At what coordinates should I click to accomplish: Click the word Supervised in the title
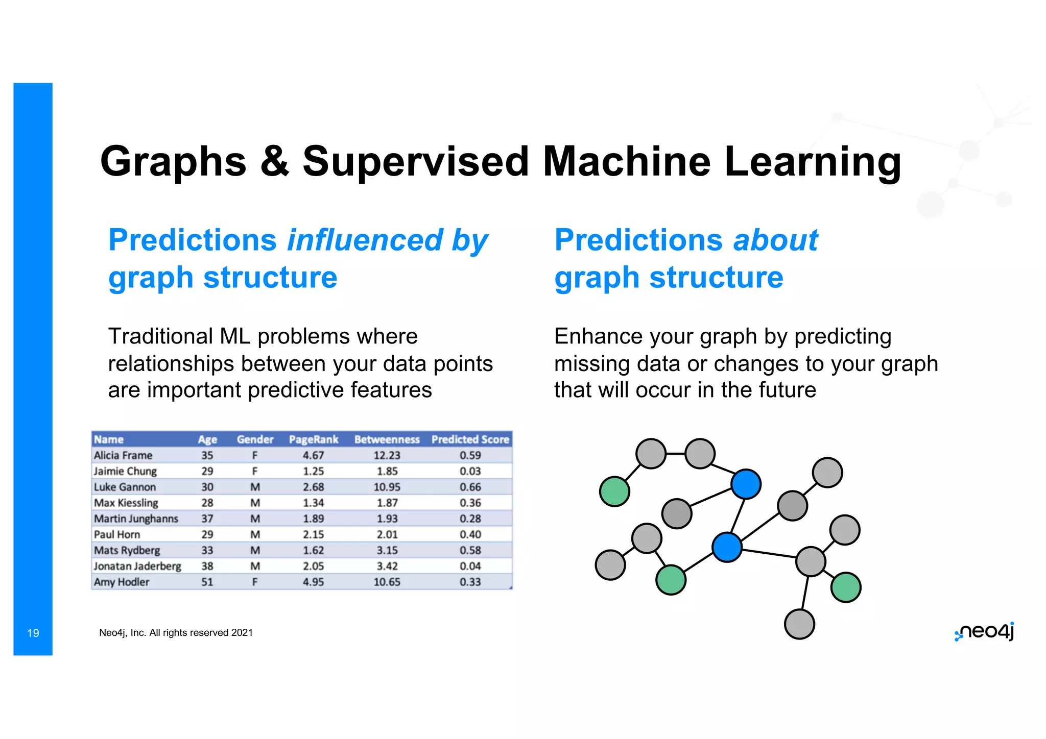[x=415, y=162]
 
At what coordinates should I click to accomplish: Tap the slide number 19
[x=33, y=633]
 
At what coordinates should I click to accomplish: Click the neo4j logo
[x=984, y=632]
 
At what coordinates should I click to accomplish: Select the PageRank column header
[x=313, y=439]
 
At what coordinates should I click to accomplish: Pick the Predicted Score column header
[x=470, y=439]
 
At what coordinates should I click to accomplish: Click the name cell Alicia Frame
[x=123, y=455]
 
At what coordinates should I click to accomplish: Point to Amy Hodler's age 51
[x=207, y=582]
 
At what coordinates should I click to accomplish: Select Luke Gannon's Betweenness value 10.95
[x=387, y=487]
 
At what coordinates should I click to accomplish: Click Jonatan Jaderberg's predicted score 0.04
[x=470, y=566]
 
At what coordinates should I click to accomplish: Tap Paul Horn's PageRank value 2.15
[x=313, y=534]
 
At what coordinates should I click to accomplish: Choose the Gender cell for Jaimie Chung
[x=255, y=471]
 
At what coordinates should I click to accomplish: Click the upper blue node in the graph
[x=746, y=484]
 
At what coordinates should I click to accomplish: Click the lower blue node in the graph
[x=727, y=547]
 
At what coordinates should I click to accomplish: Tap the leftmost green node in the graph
[x=614, y=491]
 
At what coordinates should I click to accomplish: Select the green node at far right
[x=846, y=587]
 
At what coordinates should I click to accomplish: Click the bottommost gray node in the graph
[x=799, y=624]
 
